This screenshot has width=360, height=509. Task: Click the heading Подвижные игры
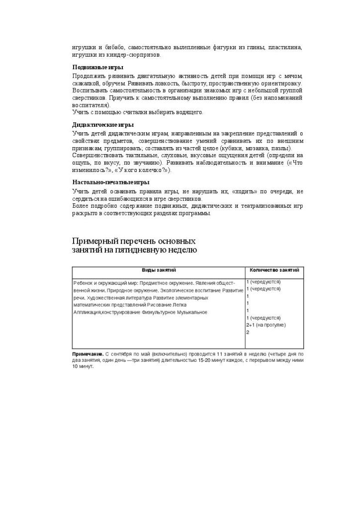click(x=98, y=67)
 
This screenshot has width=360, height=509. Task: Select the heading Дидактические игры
click(x=103, y=125)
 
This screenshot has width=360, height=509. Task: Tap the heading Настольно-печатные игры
click(x=111, y=182)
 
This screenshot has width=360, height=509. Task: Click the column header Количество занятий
click(x=274, y=270)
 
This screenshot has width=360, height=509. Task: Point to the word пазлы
click(x=281, y=149)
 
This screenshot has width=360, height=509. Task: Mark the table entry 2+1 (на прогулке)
click(x=266, y=325)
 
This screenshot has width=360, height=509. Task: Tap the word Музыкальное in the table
click(x=191, y=312)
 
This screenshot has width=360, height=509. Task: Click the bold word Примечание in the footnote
click(x=88, y=354)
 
